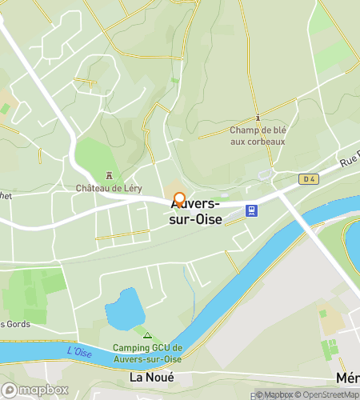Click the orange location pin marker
[179, 200]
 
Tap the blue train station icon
[252, 211]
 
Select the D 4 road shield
[307, 179]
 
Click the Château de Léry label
[109, 189]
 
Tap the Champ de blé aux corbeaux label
[258, 136]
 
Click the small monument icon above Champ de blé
[258, 117]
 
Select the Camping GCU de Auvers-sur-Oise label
[148, 353]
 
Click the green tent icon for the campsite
[147, 334]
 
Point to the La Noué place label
[152, 377]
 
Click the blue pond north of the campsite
[125, 309]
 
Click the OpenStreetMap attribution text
[327, 394]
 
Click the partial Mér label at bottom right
[347, 377]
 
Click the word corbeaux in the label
[258, 142]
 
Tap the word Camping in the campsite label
[130, 347]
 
